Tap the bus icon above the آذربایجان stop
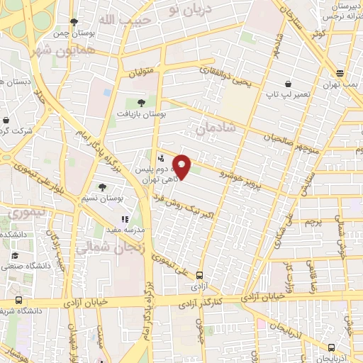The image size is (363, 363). pyautogui.click(x=331, y=347)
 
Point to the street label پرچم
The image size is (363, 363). pyautogui.click(x=313, y=222)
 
